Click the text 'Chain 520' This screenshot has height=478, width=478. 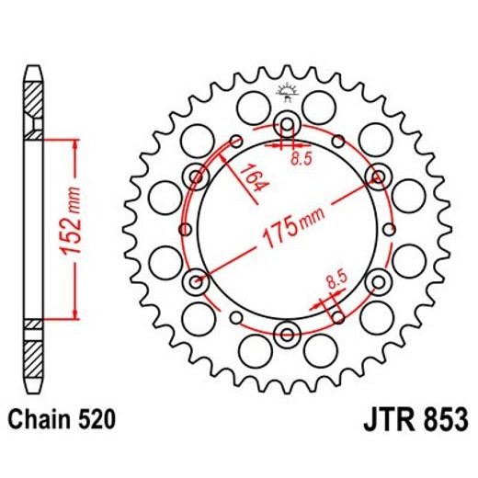(63, 420)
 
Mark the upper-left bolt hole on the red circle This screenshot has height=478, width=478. (196, 175)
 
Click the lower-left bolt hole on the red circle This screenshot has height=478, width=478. (196, 280)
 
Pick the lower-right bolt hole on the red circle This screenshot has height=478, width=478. (377, 280)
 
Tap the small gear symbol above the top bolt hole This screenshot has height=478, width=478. (287, 92)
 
